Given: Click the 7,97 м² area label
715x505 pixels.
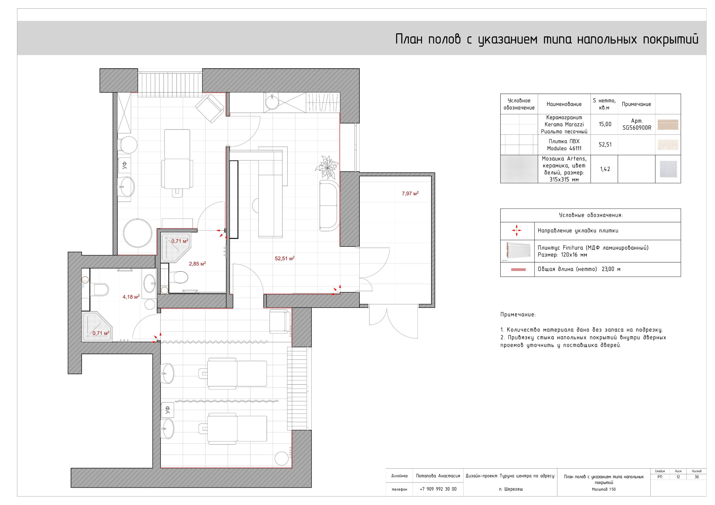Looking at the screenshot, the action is pos(410,194).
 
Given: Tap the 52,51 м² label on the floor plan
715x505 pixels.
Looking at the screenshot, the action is pos(285,259).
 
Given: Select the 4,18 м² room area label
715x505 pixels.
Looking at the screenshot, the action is pos(131,297).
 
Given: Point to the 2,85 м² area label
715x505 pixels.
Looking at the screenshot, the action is pos(197,264).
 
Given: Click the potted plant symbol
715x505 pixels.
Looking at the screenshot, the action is pos(327,167).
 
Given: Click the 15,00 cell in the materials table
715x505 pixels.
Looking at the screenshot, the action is pos(605,124).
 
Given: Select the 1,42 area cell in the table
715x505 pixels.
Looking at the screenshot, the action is pos(605,169).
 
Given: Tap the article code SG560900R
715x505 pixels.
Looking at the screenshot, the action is pos(637,128).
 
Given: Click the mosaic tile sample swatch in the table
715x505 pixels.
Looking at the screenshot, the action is pos(668,169).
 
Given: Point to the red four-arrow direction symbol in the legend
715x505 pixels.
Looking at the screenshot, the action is pos(517,230).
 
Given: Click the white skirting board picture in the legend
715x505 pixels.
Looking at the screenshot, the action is pos(518,251).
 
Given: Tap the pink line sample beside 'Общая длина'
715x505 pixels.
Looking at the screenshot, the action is pos(518,270).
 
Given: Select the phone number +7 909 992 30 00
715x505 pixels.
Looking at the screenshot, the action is pos(438,489).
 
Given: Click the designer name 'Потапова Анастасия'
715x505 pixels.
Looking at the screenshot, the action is pos(438,476).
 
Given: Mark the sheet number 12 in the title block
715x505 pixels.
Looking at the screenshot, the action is pos(678,477).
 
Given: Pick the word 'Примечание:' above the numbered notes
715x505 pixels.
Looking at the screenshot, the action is pos(518,314).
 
